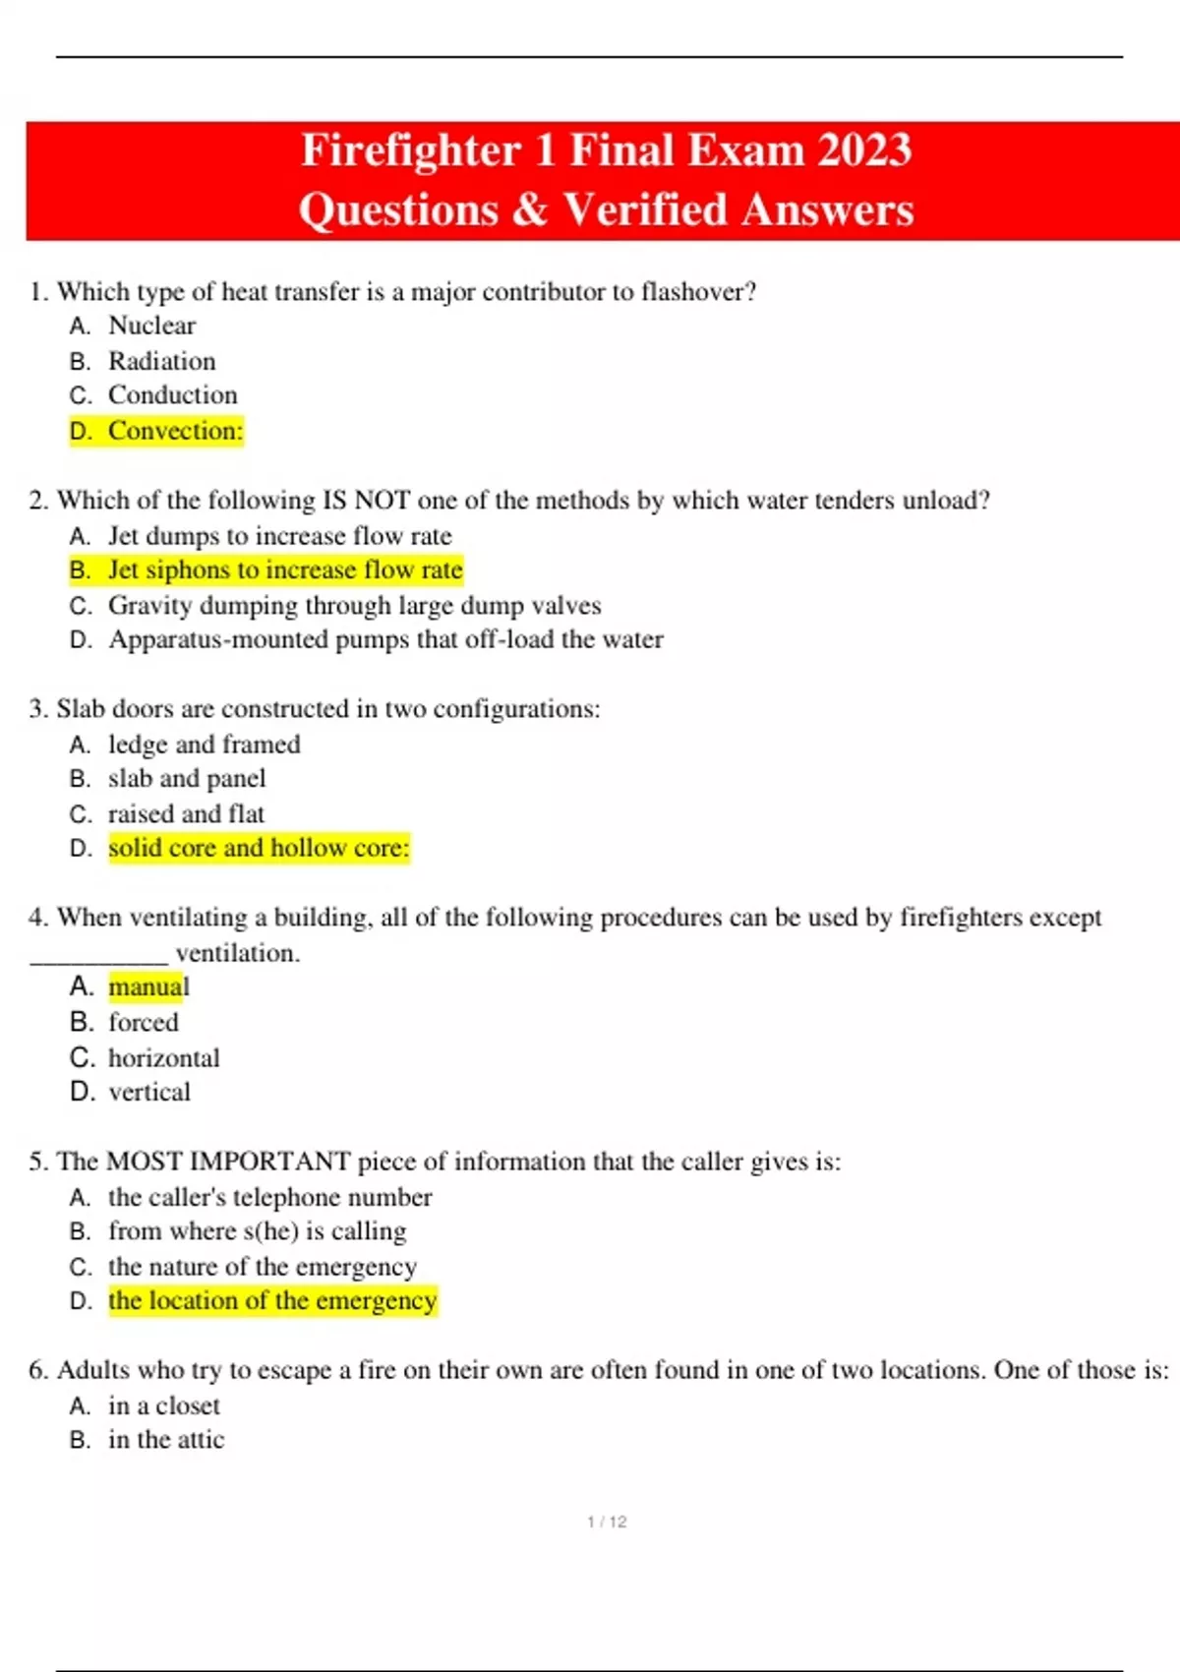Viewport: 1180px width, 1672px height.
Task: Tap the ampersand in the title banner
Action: pyautogui.click(x=530, y=209)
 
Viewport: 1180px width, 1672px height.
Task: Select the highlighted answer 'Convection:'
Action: pyautogui.click(x=175, y=431)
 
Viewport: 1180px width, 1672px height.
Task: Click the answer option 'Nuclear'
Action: pyautogui.click(x=151, y=326)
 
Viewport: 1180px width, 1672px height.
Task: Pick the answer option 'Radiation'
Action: pyautogui.click(x=161, y=361)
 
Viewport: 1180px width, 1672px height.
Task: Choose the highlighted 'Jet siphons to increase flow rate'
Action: pyautogui.click(x=284, y=570)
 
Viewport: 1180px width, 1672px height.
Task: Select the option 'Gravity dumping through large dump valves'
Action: pyautogui.click(x=354, y=606)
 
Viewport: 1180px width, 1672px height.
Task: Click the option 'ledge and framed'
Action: pyautogui.click(x=204, y=745)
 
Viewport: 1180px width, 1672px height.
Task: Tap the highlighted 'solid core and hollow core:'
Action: pyautogui.click(x=259, y=848)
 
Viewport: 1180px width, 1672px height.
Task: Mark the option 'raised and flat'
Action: pyautogui.click(x=186, y=814)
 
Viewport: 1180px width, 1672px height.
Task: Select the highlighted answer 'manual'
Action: pyautogui.click(x=148, y=986)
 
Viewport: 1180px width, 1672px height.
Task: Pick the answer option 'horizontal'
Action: pyautogui.click(x=163, y=1058)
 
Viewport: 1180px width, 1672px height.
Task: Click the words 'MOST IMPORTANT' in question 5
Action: pyautogui.click(x=228, y=1162)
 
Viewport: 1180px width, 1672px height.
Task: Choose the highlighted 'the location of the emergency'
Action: pyautogui.click(x=272, y=1300)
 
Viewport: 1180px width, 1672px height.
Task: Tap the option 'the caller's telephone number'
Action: pyautogui.click(x=269, y=1197)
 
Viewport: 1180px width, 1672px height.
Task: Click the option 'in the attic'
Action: pyautogui.click(x=166, y=1440)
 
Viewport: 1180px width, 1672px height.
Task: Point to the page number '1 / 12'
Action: pyautogui.click(x=606, y=1522)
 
